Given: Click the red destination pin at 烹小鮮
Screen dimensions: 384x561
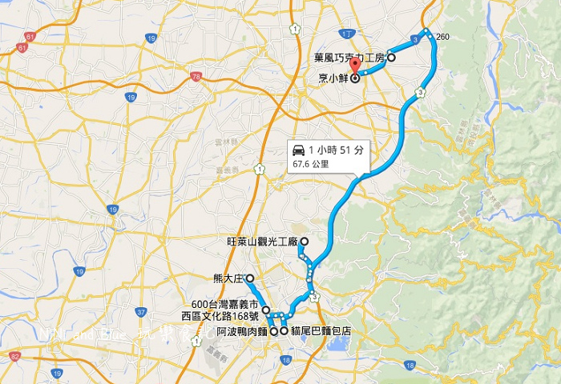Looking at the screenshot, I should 354,72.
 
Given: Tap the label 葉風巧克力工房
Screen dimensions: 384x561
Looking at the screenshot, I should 350,58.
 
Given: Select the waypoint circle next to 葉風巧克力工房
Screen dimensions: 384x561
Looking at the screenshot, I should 392,58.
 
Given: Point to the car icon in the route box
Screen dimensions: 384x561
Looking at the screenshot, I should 297,150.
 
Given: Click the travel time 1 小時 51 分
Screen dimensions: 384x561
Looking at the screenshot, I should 336,150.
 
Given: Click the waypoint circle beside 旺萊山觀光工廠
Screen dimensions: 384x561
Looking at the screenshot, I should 304,240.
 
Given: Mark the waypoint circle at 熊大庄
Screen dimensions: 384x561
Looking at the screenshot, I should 249,278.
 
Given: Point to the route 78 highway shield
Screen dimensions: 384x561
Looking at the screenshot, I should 196,77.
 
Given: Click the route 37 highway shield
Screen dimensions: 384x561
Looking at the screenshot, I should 141,312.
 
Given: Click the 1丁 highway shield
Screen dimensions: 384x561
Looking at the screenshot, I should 345,33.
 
